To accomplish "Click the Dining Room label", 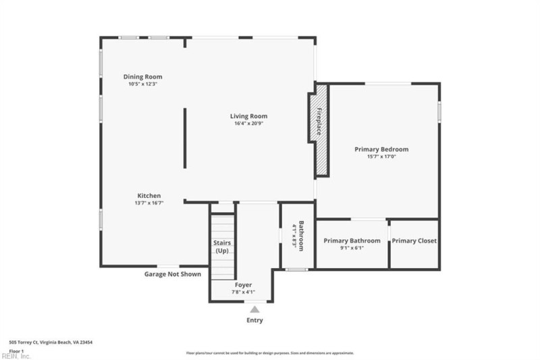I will pos(142,77).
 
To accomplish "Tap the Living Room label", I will pos(248,116).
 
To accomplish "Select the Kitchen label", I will pos(149,195).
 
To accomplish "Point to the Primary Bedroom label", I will pos(381,149).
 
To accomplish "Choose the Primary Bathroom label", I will pos(352,240).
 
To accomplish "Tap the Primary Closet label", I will pos(414,240).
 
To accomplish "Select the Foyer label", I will pos(243,285).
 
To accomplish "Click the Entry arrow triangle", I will pos(254,309).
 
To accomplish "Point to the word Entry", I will pos(254,320).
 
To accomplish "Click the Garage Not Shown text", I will pos(172,274).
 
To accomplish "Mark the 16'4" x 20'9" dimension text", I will pos(248,124).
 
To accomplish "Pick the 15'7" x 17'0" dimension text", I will pos(381,157).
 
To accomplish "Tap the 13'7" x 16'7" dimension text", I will pos(149,203).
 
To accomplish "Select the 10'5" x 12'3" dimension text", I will pos(142,84).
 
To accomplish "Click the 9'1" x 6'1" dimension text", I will pos(352,248).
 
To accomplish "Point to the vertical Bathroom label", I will pos(302,236).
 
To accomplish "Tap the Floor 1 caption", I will pos(16,351).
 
